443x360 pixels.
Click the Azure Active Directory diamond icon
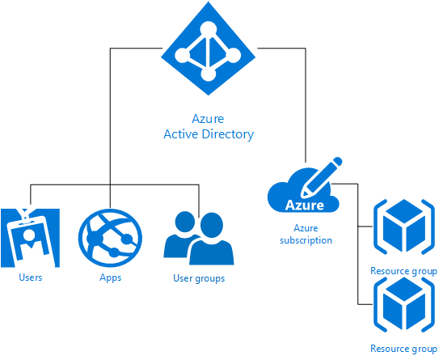208,51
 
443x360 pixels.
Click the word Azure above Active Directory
208,118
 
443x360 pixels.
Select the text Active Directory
208,133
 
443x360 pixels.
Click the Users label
30,277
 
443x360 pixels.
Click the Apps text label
110,277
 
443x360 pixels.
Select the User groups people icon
199,239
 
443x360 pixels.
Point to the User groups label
199,278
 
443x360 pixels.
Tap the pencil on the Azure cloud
321,177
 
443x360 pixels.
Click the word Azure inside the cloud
305,205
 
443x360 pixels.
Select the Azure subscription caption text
306,235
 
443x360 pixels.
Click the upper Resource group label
403,271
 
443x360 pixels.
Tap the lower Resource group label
403,349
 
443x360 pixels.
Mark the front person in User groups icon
211,244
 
